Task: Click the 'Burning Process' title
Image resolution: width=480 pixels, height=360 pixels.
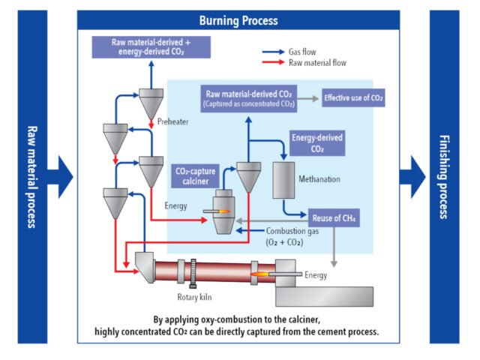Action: (x=238, y=20)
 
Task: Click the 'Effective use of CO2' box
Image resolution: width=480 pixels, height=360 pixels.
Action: (x=352, y=97)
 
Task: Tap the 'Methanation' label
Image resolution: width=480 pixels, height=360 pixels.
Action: (x=319, y=180)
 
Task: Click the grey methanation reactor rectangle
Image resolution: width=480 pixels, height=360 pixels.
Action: (x=284, y=178)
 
